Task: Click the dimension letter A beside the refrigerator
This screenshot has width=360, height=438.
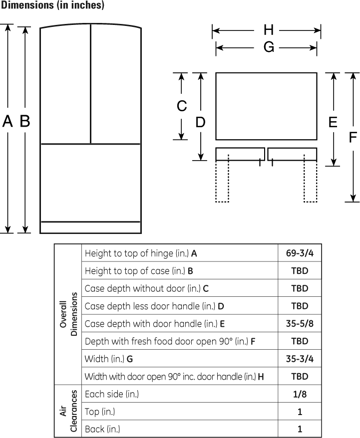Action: [7, 121]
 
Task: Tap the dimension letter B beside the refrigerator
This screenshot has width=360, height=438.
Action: [25, 121]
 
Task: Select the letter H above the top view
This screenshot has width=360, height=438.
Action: [269, 30]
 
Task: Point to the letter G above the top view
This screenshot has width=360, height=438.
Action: [269, 47]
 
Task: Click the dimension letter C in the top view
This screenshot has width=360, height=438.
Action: [182, 106]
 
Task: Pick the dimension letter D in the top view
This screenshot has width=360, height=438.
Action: [200, 122]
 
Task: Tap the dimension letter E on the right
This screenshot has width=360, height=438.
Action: [333, 122]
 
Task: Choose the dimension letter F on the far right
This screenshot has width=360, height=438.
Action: [353, 137]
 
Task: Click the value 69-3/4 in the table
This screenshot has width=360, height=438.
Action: [300, 253]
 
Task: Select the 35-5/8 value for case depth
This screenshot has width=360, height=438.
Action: [300, 323]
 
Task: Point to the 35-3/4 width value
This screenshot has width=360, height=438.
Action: [300, 359]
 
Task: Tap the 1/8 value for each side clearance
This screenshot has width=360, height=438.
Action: [300, 394]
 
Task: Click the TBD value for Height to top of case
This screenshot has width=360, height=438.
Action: [300, 271]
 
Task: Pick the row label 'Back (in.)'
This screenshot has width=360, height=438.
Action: [102, 429]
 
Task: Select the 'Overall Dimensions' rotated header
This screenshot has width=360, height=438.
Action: [68, 314]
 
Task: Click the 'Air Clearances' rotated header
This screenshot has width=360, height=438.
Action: [68, 411]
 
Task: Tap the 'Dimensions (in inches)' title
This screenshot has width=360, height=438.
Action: [52, 5]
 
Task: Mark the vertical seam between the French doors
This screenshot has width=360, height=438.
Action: [90, 84]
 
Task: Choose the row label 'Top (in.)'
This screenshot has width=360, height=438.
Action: [100, 412]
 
